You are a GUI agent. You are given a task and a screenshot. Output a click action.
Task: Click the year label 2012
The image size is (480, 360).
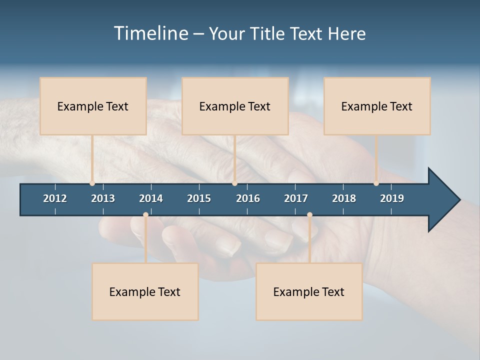[x=55, y=198]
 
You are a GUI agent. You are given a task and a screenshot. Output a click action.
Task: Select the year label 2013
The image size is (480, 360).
[x=103, y=198]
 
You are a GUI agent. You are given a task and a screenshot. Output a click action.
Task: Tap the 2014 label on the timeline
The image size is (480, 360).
[x=151, y=198]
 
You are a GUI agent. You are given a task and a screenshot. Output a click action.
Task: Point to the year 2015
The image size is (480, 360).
[x=199, y=198]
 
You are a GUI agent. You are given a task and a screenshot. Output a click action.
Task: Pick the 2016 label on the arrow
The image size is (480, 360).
[x=248, y=198]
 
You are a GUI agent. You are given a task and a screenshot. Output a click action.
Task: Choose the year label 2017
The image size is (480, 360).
[x=296, y=198]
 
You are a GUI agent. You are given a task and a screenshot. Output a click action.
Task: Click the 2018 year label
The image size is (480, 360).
[x=344, y=198]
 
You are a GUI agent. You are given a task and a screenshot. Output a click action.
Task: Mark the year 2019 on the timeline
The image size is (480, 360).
[x=392, y=198]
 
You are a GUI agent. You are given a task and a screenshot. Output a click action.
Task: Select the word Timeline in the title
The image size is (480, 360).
[x=150, y=33]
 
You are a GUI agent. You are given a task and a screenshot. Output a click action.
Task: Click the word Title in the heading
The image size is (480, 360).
[x=268, y=33]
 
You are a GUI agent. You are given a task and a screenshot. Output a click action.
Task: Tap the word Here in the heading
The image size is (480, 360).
[x=346, y=33]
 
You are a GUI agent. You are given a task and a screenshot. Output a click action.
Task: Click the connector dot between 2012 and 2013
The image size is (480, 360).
[x=92, y=183]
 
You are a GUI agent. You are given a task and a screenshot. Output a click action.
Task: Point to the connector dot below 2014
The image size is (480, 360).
[x=145, y=215]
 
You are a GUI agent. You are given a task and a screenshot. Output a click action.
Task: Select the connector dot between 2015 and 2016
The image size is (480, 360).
[x=234, y=183]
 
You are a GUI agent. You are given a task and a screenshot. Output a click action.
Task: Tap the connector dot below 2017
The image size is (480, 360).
[x=309, y=215]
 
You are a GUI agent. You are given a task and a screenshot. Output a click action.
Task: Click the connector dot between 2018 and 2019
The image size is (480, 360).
[x=376, y=183]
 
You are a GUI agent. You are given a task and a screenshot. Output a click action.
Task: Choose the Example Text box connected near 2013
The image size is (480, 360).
[x=93, y=106]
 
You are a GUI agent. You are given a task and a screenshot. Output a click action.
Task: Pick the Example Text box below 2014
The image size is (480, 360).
[x=145, y=291]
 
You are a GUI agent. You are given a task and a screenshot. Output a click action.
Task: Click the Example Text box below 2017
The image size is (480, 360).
[x=309, y=291]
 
